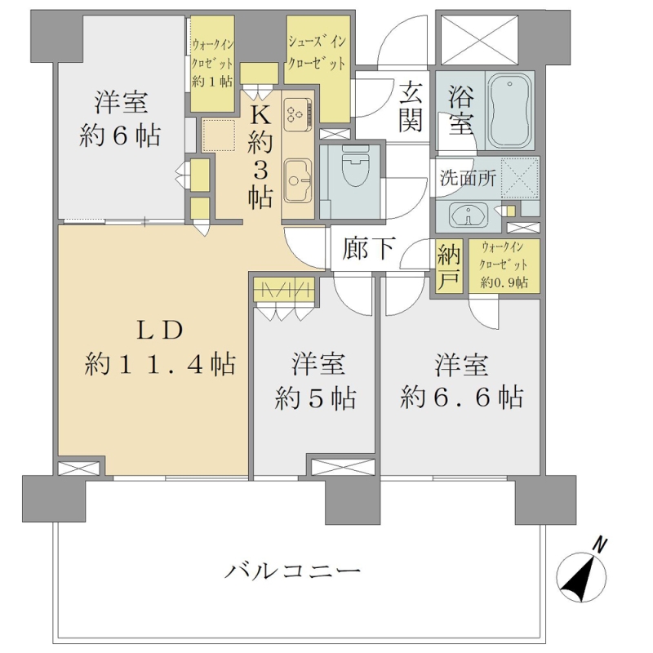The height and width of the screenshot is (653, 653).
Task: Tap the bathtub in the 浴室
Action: (509, 110)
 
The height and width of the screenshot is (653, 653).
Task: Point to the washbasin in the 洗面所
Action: (469, 215)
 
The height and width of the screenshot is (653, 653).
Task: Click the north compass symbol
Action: (582, 574)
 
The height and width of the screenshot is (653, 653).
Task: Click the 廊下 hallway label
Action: (368, 249)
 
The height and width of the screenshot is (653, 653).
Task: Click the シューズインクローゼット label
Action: (317, 52)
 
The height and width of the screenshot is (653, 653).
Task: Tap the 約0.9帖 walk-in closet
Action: (504, 266)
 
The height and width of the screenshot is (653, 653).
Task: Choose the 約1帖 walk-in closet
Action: (212, 64)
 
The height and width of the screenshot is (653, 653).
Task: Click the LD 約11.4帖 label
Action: (160, 347)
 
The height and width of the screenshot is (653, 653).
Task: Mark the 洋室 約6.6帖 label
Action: (461, 380)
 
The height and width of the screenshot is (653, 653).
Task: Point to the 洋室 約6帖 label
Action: (120, 118)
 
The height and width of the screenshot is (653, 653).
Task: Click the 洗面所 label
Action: (468, 179)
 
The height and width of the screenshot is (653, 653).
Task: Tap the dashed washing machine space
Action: (520, 177)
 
